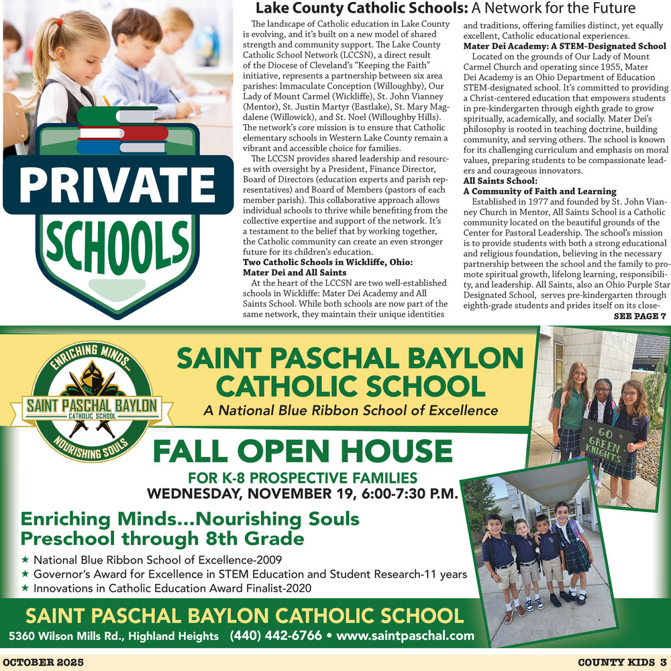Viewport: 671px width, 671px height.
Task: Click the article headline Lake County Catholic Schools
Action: pyautogui.click(x=362, y=9)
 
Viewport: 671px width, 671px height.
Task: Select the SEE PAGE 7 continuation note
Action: pyautogui.click(x=639, y=316)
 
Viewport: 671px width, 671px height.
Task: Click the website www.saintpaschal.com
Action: pyautogui.click(x=405, y=635)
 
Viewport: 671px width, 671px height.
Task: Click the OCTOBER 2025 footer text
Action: pyautogui.click(x=44, y=662)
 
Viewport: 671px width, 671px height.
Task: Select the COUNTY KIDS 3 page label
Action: pyautogui.click(x=621, y=662)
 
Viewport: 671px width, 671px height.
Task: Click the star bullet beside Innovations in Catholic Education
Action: pyautogui.click(x=25, y=588)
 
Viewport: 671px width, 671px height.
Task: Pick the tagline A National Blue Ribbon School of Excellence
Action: pyautogui.click(x=350, y=411)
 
